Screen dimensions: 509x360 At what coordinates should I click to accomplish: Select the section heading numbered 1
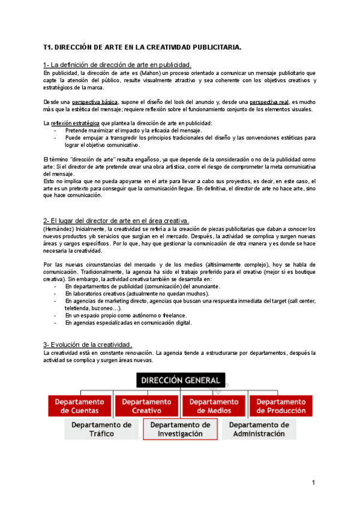[x=118, y=65]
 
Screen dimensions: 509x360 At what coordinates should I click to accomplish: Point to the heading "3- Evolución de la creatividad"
[x=88, y=345]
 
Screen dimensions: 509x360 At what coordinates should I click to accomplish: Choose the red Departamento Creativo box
[x=146, y=406]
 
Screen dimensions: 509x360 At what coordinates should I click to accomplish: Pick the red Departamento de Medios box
[x=214, y=406]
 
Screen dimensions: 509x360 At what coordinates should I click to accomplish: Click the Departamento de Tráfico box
[x=101, y=429]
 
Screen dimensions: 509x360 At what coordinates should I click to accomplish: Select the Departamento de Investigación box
[x=181, y=429]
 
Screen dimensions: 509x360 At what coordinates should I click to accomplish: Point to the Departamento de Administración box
[x=259, y=429]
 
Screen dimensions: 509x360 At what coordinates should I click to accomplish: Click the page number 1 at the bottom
[x=313, y=483]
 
